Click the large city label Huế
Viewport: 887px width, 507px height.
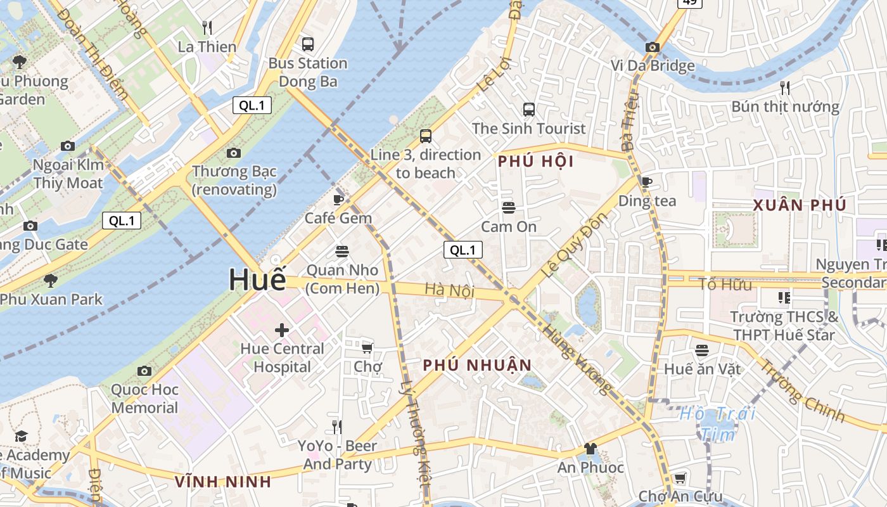click(x=257, y=279)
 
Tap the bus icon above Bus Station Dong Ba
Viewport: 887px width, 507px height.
click(x=308, y=44)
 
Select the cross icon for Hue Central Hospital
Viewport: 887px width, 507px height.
click(x=282, y=330)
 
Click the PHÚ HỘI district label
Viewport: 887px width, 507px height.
click(x=535, y=162)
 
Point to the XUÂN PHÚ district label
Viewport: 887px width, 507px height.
click(x=800, y=205)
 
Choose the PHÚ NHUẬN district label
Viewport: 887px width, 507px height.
click(x=477, y=366)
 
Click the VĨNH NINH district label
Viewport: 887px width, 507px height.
click(x=223, y=482)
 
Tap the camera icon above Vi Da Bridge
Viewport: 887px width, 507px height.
click(x=652, y=47)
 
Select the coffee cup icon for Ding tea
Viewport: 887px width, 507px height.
click(x=646, y=182)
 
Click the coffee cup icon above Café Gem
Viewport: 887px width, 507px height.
click(x=338, y=200)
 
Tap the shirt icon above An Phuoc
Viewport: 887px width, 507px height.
click(x=590, y=449)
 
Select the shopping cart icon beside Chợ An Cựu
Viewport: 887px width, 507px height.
click(x=680, y=478)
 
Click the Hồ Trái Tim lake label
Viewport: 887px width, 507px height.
click(x=718, y=423)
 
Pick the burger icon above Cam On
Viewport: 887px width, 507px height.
click(x=508, y=207)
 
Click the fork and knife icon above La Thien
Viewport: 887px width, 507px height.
click(x=207, y=27)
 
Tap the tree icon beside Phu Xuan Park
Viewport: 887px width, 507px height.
click(x=50, y=280)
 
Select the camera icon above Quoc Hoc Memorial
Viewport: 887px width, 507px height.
click(x=144, y=371)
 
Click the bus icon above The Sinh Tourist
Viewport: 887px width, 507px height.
click(x=528, y=109)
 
